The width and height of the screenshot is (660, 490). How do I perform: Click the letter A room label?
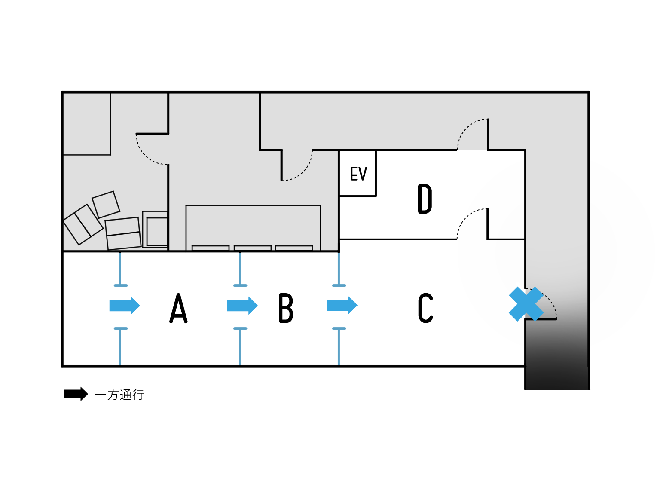point(179,308)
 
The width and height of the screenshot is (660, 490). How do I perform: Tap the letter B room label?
point(286,308)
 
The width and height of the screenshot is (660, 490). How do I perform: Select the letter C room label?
point(425,308)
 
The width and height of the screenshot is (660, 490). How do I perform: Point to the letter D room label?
point(425,199)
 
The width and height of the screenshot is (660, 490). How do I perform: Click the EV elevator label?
point(358,174)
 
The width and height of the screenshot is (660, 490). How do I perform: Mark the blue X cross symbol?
point(526,304)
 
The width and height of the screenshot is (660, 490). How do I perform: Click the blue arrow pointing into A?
point(125,306)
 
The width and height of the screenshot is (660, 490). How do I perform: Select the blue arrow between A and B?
point(242,306)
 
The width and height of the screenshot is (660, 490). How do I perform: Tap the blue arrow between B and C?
point(342,306)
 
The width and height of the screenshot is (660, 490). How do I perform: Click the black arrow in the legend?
point(76,394)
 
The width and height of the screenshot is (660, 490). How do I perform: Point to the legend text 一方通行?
point(119,395)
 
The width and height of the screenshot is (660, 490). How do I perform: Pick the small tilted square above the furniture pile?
point(106,205)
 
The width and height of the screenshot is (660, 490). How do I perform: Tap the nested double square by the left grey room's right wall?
point(156,230)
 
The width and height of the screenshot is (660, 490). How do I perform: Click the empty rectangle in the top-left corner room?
point(87,124)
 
